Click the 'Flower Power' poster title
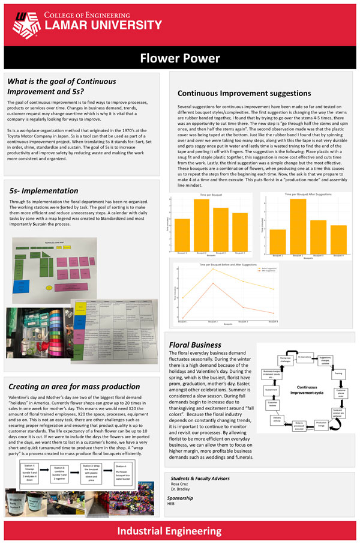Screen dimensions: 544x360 [180, 58]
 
